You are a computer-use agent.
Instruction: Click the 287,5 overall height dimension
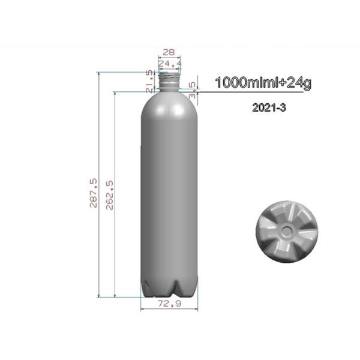[93, 193]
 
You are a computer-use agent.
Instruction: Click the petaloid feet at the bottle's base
[169, 288]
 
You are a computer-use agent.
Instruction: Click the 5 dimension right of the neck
[192, 84]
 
